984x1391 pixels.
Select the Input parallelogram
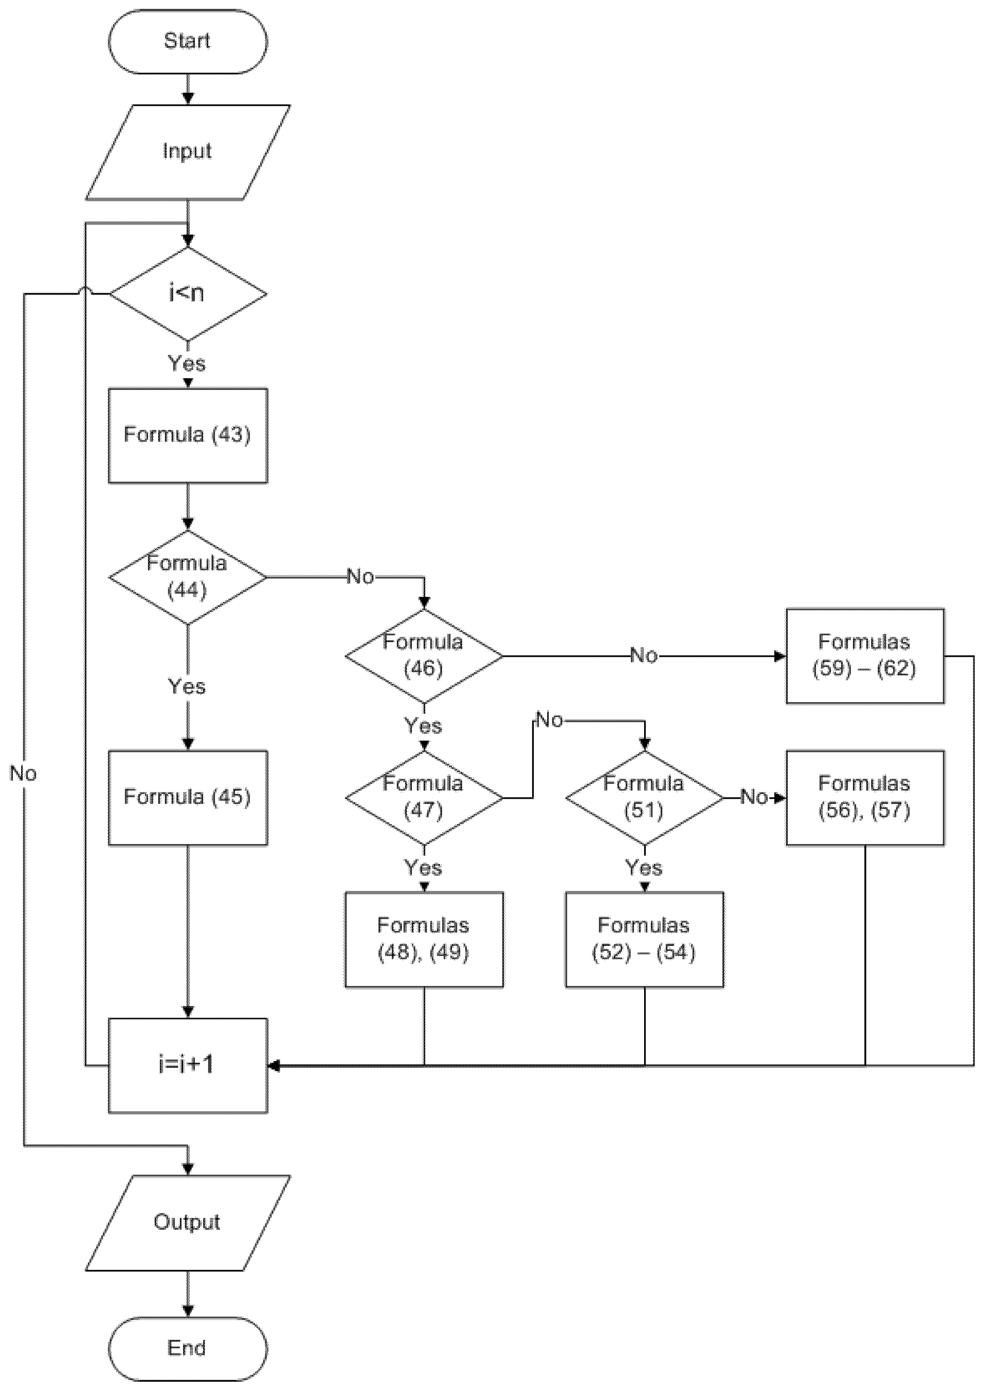pyautogui.click(x=187, y=152)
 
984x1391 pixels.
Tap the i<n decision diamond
pyautogui.click(x=187, y=294)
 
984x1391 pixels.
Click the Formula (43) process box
pyautogui.click(x=187, y=435)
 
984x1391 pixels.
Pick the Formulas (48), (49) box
pyautogui.click(x=423, y=939)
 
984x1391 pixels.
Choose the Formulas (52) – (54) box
pyautogui.click(x=644, y=939)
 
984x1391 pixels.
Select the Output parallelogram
pyautogui.click(x=187, y=1223)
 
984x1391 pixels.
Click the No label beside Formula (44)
pyautogui.click(x=360, y=577)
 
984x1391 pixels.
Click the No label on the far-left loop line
pyautogui.click(x=23, y=774)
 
